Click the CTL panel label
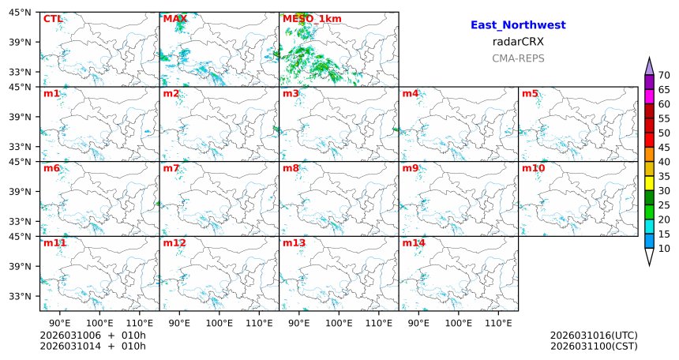click(x=52, y=19)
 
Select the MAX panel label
click(x=174, y=19)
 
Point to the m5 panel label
click(x=530, y=94)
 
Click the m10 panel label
click(x=533, y=168)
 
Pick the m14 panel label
click(x=414, y=243)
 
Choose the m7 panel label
click(x=171, y=168)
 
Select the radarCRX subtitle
click(x=518, y=42)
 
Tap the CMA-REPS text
click(x=518, y=58)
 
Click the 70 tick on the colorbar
click(x=664, y=75)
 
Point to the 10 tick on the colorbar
click(x=664, y=249)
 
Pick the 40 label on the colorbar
click(x=664, y=162)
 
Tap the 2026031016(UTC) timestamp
click(x=594, y=336)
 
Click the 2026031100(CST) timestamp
click(x=594, y=346)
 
